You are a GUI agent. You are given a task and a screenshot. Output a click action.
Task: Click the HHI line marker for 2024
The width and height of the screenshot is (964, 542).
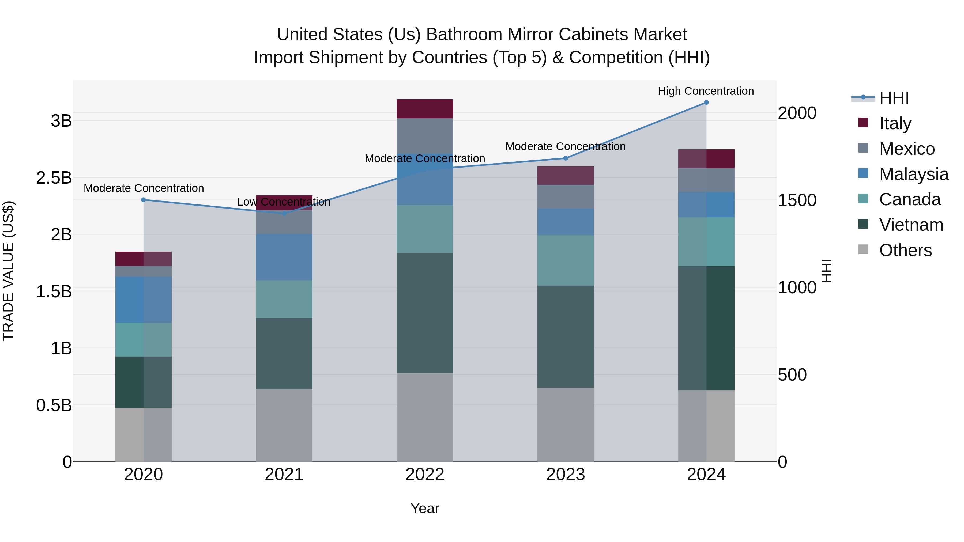706,103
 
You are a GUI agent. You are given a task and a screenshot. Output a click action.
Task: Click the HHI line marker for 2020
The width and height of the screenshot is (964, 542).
143,200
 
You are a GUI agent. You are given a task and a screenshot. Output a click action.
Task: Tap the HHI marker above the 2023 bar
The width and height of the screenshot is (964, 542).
566,158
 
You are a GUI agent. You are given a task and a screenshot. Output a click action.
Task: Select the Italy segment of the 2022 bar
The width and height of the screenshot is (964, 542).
425,109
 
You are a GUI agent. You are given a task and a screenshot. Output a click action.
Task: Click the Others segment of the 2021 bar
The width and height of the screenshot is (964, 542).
284,425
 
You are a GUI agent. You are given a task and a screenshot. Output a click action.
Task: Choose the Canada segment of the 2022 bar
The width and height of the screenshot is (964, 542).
425,229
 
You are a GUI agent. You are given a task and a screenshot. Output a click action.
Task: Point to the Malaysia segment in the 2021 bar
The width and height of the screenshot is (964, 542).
284,257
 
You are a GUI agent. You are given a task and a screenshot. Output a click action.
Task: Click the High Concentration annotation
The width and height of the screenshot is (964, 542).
706,91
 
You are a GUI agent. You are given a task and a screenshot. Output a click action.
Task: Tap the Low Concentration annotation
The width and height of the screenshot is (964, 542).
284,202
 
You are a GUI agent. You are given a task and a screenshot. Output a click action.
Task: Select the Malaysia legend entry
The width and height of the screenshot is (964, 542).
913,174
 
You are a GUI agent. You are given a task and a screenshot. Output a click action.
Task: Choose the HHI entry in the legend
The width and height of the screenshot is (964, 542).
894,98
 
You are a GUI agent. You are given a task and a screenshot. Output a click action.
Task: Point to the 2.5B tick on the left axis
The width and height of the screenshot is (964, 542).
54,178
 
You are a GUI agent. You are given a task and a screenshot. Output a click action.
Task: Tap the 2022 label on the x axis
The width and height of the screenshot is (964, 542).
425,475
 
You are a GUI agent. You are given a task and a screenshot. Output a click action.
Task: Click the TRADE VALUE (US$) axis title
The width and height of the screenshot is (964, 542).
8,271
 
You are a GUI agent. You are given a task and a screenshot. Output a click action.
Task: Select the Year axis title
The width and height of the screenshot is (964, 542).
425,508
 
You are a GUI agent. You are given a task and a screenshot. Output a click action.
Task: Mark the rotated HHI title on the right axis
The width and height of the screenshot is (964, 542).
826,271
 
